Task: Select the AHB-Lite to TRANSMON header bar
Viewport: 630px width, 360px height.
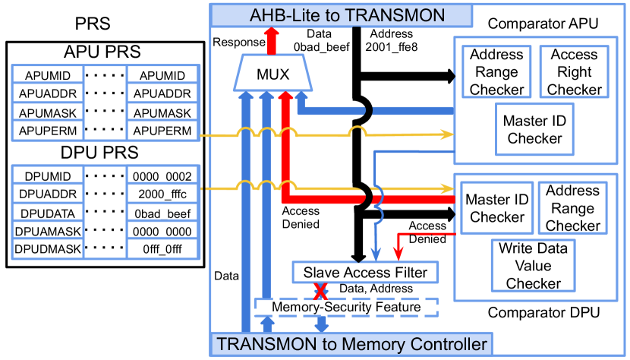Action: (342, 14)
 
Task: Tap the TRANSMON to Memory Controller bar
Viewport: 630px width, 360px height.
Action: (351, 344)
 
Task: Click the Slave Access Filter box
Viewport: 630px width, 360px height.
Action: (365, 272)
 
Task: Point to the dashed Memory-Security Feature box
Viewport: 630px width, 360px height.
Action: (345, 307)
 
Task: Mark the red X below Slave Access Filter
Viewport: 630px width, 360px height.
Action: (321, 290)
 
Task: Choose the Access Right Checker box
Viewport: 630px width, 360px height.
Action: (575, 72)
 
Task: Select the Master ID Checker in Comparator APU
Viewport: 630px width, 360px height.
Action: (534, 129)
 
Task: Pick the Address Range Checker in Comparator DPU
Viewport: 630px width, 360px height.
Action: (572, 207)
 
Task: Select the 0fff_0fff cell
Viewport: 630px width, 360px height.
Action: (162, 248)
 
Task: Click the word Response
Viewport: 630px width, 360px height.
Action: (238, 43)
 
